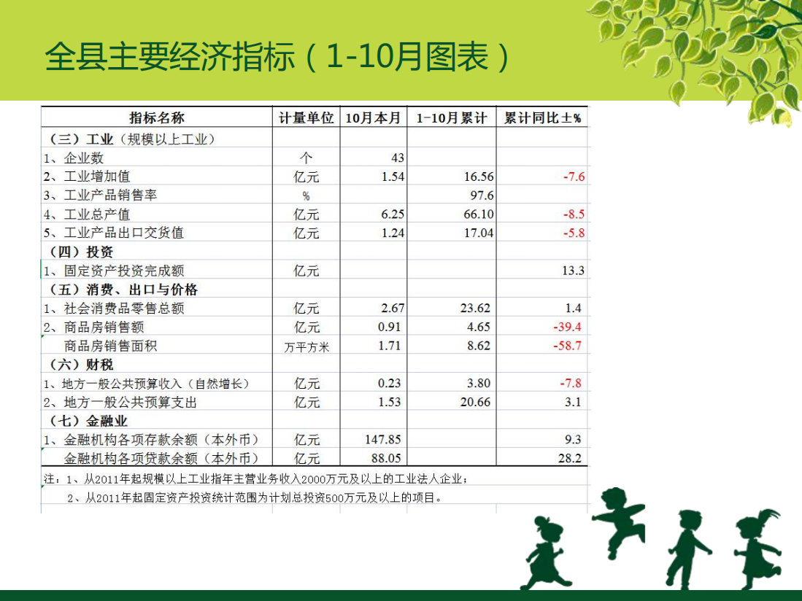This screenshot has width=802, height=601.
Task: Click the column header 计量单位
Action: [306, 118]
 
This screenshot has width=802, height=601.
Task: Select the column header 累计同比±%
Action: [542, 118]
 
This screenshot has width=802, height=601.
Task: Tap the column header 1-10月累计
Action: [451, 118]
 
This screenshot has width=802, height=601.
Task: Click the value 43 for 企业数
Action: [398, 158]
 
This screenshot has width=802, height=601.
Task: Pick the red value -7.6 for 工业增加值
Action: [574, 177]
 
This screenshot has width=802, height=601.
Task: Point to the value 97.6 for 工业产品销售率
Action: [482, 195]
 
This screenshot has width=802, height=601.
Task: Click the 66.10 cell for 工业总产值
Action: [479, 214]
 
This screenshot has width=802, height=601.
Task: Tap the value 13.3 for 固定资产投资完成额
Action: [573, 271]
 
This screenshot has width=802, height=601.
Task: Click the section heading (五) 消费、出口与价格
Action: [123, 290]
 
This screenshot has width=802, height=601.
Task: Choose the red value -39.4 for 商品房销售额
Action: [567, 327]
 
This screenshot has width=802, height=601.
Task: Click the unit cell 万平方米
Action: [306, 347]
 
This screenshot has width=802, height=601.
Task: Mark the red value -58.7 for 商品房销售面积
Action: [567, 346]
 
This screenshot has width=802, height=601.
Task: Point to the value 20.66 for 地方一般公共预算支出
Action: [475, 402]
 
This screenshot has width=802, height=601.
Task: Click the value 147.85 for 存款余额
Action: [382, 440]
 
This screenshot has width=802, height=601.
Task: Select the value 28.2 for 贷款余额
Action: [570, 459]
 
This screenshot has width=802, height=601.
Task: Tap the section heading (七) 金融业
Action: [88, 421]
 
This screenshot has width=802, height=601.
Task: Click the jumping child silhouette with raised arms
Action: [618, 521]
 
